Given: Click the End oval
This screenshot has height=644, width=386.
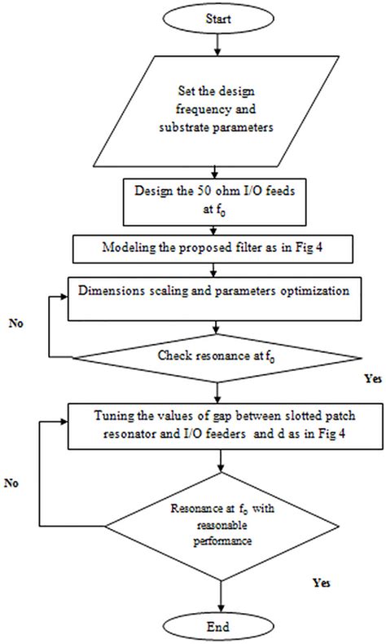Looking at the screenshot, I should [218, 627].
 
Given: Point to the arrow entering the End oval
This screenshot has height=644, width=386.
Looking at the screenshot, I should [218, 599].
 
